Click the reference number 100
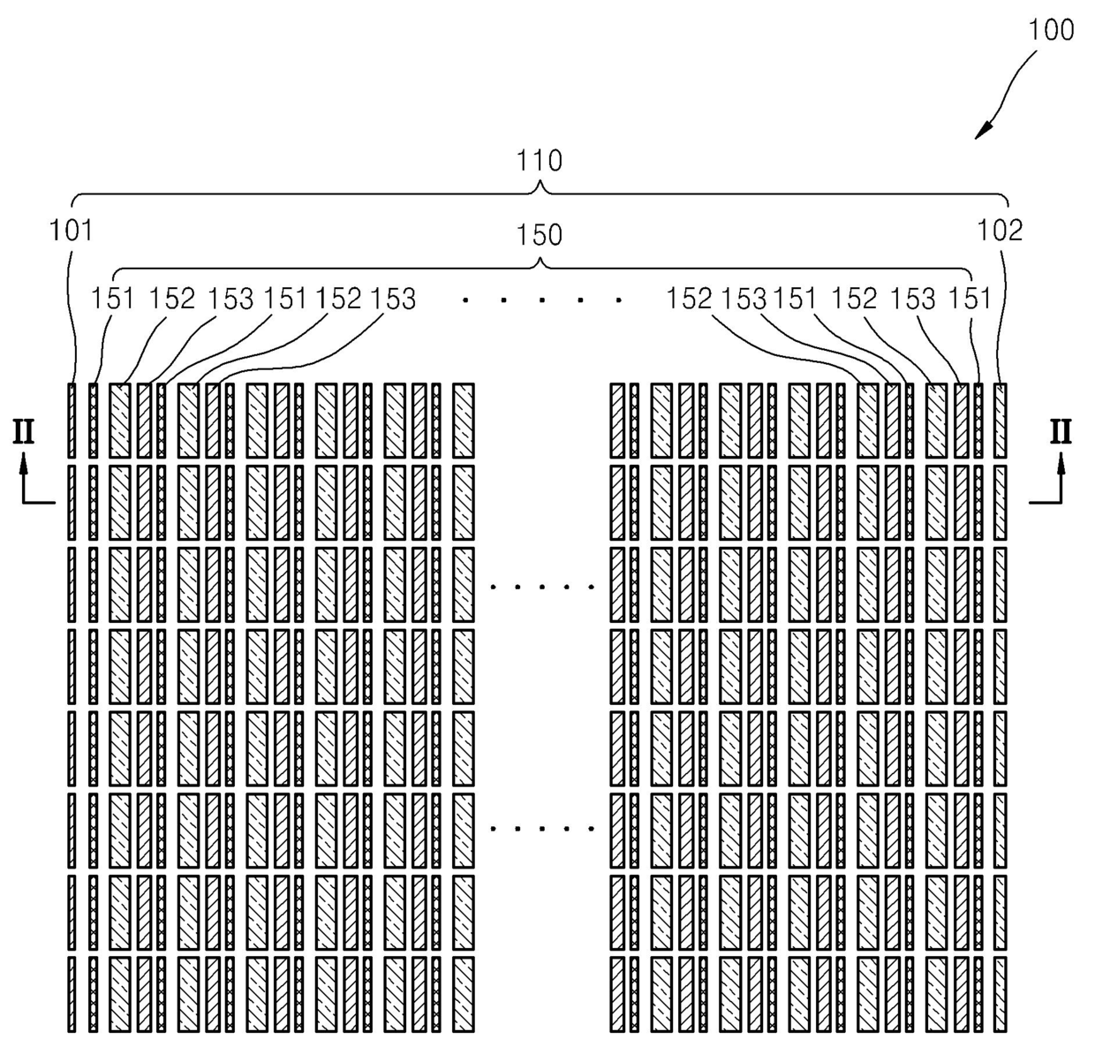(x=1051, y=29)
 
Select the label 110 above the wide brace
(x=539, y=161)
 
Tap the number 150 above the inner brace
(x=539, y=235)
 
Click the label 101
(x=71, y=231)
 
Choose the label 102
(x=1000, y=231)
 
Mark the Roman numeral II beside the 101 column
(x=24, y=432)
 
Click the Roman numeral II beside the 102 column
(x=1061, y=432)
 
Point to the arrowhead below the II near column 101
(x=24, y=464)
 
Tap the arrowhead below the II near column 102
(x=1061, y=464)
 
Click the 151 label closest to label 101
(x=112, y=299)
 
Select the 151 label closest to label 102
(x=970, y=299)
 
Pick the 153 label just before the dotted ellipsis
(x=393, y=299)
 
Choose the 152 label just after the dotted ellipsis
(x=689, y=299)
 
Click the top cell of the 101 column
(x=72, y=421)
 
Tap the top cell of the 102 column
(x=1000, y=421)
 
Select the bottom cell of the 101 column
(x=72, y=994)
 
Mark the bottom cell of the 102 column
(x=1000, y=994)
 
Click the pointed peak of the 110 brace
(x=540, y=182)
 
